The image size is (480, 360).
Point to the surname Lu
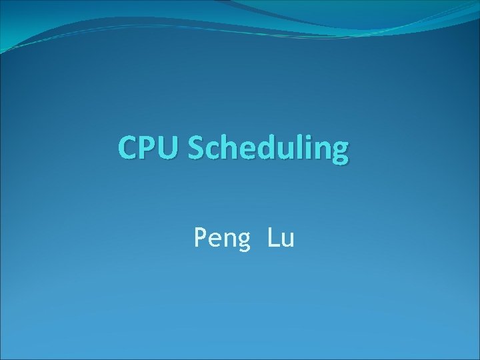click(x=281, y=237)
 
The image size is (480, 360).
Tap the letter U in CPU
click(x=170, y=148)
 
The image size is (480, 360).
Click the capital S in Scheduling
click(x=196, y=148)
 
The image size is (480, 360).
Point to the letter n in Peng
click(x=230, y=239)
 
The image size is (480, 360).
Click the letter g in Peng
click(x=244, y=241)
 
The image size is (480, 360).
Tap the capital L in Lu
click(x=273, y=237)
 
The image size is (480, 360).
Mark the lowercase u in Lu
click(x=287, y=239)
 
